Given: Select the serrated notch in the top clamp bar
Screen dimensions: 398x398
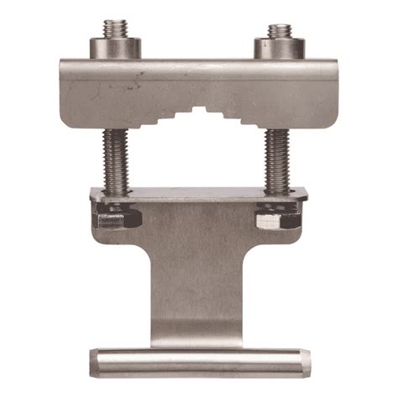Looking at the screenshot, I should click(x=198, y=118).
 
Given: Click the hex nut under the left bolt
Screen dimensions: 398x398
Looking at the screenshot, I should click(x=116, y=221).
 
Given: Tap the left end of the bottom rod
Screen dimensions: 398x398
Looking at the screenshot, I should click(x=93, y=362).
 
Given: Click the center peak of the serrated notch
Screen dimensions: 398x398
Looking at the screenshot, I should click(x=198, y=109).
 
